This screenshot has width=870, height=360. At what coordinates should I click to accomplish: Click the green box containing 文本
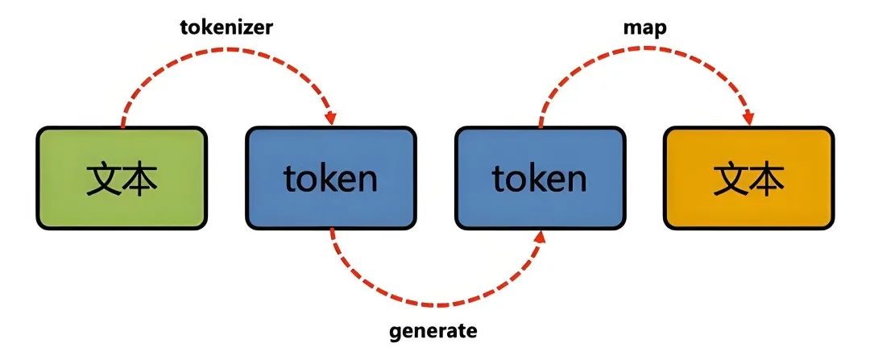pos(122,177)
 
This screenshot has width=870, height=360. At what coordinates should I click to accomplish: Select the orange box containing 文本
pos(748,177)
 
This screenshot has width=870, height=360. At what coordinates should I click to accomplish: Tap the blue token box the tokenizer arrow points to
pos(330,177)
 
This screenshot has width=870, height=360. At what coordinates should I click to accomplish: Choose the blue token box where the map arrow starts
pos(540,177)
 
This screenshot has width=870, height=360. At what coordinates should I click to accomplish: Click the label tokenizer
pos(226,27)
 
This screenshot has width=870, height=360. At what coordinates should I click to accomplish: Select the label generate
pos(433,331)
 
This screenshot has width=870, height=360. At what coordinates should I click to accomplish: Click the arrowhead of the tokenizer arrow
pos(330,118)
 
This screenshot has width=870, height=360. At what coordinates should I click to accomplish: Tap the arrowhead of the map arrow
pos(748,118)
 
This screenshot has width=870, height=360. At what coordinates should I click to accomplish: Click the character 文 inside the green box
pos(103,178)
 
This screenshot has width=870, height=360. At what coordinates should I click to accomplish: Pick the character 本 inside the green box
pos(140,178)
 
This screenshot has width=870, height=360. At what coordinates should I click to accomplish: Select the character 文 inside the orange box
pos(730,178)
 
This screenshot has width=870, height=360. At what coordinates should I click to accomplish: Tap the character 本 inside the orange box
pos(767,178)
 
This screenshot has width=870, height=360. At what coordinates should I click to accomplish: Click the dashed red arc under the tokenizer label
pos(226,55)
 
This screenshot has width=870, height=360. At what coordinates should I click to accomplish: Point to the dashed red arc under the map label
pos(644,55)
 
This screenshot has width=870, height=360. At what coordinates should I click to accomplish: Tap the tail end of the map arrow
pos(541,125)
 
